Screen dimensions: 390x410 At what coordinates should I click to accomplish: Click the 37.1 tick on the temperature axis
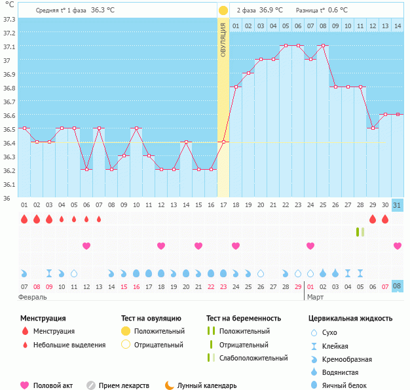click(9, 47)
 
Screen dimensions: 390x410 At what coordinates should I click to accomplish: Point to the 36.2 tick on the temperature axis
click(9, 170)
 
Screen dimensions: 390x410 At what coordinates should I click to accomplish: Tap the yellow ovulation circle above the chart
click(223, 10)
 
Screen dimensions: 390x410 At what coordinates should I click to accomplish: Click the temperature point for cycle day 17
click(223, 142)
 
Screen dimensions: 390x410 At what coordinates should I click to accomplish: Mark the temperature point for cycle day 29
click(373, 128)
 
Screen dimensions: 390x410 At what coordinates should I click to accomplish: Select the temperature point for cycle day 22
click(286, 46)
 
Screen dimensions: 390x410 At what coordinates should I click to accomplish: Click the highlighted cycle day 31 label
click(398, 205)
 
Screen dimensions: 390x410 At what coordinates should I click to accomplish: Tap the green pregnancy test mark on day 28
click(360, 232)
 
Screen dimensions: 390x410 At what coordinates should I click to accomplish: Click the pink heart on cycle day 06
click(86, 246)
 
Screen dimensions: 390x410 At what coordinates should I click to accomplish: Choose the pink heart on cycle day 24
click(310, 246)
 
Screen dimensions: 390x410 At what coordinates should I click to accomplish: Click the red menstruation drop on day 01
click(24, 219)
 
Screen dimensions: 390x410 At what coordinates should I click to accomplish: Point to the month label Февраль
click(32, 297)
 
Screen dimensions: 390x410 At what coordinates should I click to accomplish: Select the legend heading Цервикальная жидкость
click(350, 319)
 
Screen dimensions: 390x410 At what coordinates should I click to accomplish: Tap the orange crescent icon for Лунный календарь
click(170, 385)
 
